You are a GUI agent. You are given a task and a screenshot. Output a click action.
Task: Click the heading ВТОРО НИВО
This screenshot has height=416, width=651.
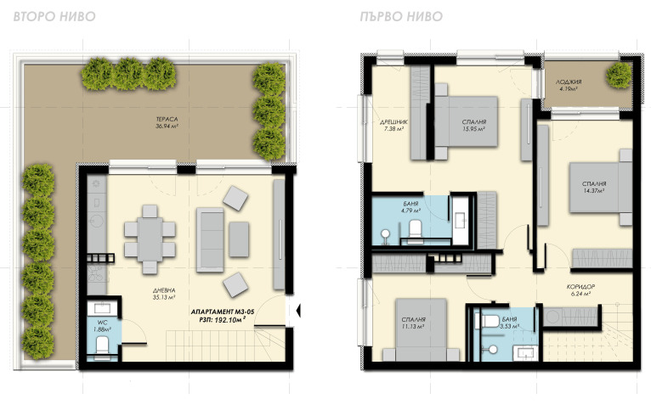tap(54, 16)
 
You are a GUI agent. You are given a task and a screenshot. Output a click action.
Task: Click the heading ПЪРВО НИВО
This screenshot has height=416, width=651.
tap(401, 16)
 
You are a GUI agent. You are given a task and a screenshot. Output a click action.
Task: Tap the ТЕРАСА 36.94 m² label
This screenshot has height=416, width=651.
tap(167, 123)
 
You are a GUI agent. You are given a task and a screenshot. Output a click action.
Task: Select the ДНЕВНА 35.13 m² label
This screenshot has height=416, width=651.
tap(164, 294)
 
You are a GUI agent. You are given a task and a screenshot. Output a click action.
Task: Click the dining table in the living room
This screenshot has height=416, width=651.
tap(150, 239)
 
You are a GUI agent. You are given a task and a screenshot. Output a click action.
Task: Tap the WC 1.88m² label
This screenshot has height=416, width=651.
tap(102, 326)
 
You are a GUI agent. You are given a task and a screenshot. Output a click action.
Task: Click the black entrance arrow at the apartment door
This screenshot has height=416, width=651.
tap(297, 310)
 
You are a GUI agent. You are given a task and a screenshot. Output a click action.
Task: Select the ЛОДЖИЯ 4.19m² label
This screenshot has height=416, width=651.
tap(569, 85)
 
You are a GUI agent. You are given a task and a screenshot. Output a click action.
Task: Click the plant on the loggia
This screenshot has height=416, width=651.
tap(619, 75)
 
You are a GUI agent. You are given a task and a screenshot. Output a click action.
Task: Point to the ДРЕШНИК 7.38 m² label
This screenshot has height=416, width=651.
tap(393, 126)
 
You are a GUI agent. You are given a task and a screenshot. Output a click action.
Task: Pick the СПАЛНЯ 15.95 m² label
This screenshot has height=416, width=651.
tap(473, 126)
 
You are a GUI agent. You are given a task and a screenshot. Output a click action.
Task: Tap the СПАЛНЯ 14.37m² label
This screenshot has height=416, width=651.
tap(594, 187)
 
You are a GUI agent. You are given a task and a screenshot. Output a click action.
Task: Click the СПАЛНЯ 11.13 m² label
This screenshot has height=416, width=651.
tap(413, 323)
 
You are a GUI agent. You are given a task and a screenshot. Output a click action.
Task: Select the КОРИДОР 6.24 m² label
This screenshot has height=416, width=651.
tap(580, 290)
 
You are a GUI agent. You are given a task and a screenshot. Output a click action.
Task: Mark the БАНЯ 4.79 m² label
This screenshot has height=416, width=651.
tap(410, 207)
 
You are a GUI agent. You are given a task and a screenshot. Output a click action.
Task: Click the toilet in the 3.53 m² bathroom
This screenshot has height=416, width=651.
tap(490, 321)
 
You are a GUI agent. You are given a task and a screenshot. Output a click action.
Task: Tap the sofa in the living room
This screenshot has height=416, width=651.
tap(210, 240)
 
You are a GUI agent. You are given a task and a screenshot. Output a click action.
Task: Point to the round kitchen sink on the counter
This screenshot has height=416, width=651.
tap(97, 221)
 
